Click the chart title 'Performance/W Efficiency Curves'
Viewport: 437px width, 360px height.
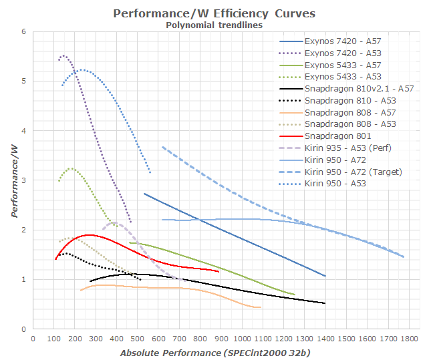pyautogui.click(x=214, y=13)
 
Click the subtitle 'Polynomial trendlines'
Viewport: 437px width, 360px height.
pyautogui.click(x=214, y=25)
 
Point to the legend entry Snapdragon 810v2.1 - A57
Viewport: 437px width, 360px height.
pyautogui.click(x=357, y=88)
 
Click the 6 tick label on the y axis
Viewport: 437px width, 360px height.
pyautogui.click(x=23, y=31)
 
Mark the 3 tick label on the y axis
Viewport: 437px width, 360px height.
pyautogui.click(x=23, y=180)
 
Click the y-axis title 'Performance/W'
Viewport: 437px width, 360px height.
pyautogui.click(x=13, y=180)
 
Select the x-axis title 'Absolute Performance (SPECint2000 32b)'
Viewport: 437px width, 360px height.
pyautogui.click(x=216, y=352)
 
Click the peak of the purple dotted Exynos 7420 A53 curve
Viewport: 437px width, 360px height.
pyautogui.click(x=64, y=56)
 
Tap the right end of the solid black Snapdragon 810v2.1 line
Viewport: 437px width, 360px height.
pyautogui.click(x=325, y=303)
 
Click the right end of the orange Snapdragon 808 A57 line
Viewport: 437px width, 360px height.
pyautogui.click(x=261, y=307)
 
